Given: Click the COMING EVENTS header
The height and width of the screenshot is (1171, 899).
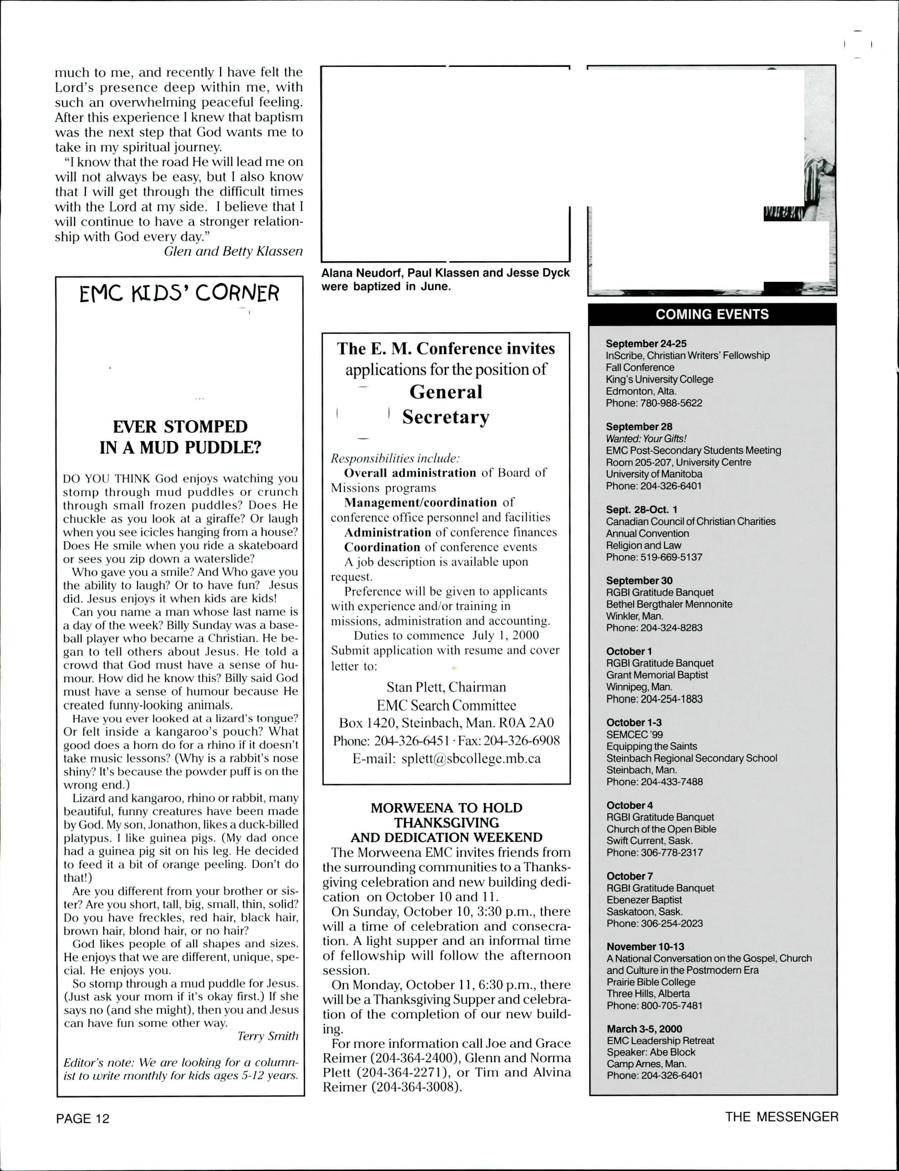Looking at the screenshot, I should [712, 314].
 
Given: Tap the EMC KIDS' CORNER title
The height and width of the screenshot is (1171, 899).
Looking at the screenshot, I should [179, 294].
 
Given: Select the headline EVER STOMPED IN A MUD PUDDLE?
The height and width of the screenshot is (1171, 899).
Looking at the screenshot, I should [180, 437].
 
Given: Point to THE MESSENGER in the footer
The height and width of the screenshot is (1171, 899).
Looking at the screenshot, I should [781, 1117].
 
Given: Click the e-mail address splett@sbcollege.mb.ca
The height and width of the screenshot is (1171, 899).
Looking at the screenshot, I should [471, 759].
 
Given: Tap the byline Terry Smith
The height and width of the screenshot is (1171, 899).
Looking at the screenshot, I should [268, 1036].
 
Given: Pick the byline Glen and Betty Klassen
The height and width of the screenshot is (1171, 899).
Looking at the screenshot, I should [233, 252].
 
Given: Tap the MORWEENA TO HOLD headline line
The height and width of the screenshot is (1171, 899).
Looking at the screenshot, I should [446, 808].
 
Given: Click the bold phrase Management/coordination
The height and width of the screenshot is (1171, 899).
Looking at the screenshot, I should [421, 502].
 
